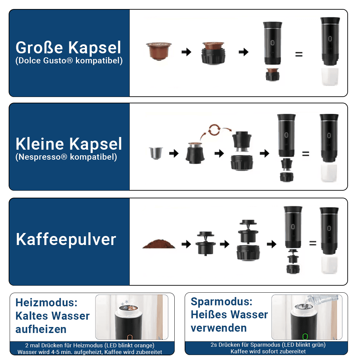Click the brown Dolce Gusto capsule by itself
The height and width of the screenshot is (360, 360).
coord(159,51)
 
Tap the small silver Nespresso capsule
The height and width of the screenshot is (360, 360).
coord(156,153)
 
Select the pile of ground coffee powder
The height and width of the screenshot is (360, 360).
coord(159,244)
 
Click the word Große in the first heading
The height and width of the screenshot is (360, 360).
coord(39,48)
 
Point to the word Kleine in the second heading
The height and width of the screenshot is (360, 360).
coord(40,144)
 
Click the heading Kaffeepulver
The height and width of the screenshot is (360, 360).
coord(66,239)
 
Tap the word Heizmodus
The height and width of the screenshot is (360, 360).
coord(46,302)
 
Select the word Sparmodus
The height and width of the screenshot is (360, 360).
coord(222,301)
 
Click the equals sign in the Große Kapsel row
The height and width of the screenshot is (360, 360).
coord(299,54)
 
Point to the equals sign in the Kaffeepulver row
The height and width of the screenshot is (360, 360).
coord(313,243)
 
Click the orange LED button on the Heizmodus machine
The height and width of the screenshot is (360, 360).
coord(129,337)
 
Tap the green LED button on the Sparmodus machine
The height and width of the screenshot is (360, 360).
coord(305,337)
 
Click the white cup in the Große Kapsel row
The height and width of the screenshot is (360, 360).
coord(330,77)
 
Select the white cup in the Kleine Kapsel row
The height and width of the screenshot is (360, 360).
coord(329,173)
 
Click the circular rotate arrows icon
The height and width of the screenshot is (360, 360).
coord(214,130)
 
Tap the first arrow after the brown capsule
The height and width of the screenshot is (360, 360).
coord(186,52)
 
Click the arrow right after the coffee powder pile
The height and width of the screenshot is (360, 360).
coord(186,244)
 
